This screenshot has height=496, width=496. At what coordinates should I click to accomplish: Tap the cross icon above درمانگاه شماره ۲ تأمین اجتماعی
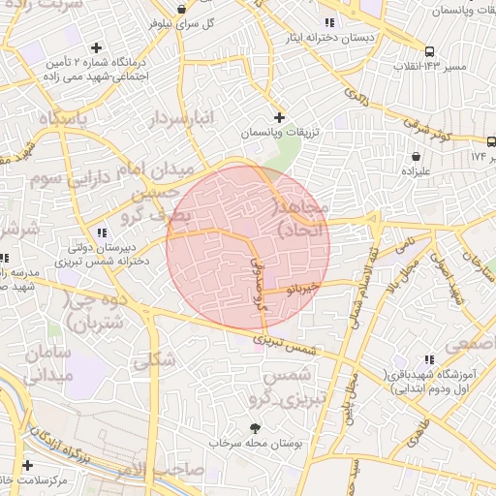[96, 47]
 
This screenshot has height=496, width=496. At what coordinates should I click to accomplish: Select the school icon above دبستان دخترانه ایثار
[330, 21]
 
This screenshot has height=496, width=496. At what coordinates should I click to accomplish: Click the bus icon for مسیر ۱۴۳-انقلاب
[428, 51]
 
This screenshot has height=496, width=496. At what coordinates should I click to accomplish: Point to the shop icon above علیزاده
[416, 156]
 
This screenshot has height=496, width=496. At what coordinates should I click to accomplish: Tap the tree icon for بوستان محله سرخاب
[256, 427]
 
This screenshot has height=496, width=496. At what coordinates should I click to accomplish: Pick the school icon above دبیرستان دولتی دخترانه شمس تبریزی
[102, 232]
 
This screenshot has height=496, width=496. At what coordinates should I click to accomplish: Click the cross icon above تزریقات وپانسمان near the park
[279, 116]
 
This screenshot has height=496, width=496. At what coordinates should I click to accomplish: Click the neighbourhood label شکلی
[154, 360]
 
